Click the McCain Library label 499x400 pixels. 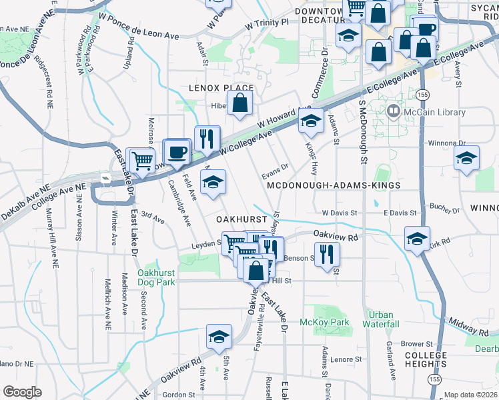(x=434, y=112)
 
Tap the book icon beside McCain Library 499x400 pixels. (x=394, y=111)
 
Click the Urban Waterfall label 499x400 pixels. (x=381, y=319)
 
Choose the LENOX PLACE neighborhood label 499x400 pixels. (x=221, y=88)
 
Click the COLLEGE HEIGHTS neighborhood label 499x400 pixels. (x=425, y=359)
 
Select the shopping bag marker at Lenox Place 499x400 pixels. (x=239, y=103)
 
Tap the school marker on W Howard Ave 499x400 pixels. (x=310, y=121)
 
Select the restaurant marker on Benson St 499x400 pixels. (x=326, y=254)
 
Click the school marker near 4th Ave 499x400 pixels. (x=217, y=338)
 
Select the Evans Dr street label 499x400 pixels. (x=275, y=167)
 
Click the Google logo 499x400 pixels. (x=23, y=391)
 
